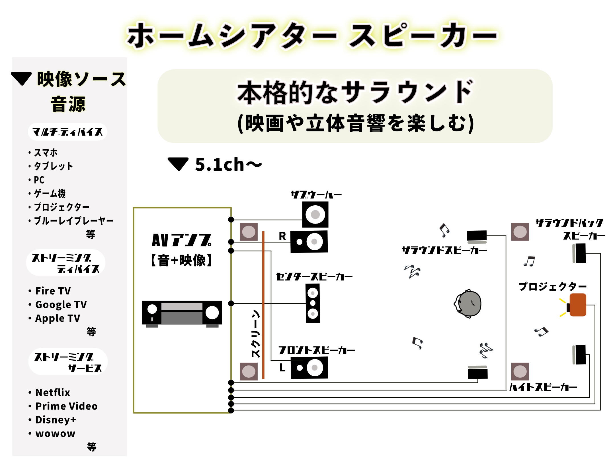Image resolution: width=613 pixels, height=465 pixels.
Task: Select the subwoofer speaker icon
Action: point(315,214)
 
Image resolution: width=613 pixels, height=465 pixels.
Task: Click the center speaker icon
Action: point(313,303)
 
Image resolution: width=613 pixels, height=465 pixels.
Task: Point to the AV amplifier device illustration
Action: point(182,313)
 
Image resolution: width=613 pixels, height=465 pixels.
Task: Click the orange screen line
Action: point(263,304)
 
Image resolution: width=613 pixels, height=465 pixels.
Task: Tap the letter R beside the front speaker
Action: point(282,236)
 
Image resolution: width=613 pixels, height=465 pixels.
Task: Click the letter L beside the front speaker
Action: point(282,367)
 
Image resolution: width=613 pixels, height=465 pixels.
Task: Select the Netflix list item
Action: point(53,392)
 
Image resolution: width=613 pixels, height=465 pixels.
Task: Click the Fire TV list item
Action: point(53,291)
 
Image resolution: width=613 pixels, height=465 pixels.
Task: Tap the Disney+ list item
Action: point(56,420)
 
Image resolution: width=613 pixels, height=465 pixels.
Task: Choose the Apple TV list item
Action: point(58,318)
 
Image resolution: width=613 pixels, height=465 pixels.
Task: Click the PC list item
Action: point(39,180)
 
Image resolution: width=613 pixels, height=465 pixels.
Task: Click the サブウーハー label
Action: point(316,195)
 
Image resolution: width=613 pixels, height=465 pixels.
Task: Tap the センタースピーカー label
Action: point(314,276)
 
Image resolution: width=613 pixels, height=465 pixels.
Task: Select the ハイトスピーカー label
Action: point(543,387)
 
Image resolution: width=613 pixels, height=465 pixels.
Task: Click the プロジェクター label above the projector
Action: point(552,286)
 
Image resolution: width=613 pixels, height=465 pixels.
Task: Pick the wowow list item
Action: point(55,433)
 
